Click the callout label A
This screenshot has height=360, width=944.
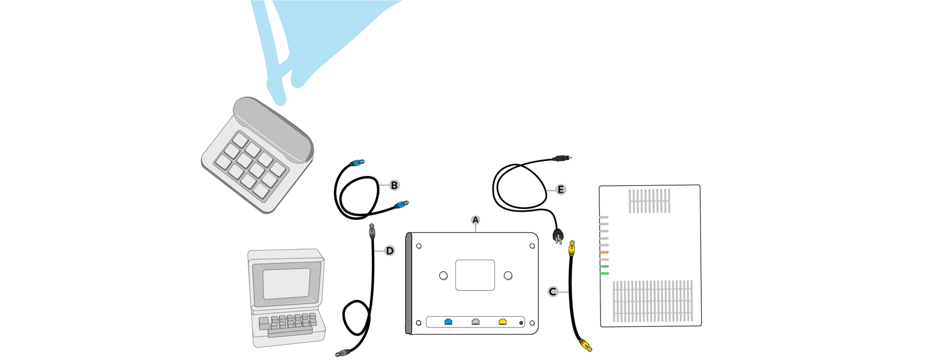475,220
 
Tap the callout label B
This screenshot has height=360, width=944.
394,185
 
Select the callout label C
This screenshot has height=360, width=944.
553,292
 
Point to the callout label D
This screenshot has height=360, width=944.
389,251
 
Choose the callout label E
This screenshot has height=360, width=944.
560,190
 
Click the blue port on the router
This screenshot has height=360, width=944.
448,322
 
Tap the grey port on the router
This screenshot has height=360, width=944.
476,322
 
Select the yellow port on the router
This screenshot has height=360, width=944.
503,322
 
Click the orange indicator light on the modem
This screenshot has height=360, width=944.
604,252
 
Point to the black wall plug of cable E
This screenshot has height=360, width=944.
558,235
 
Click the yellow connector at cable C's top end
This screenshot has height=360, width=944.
572,248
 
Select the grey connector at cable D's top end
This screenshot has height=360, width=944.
372,231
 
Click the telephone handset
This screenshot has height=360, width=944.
274,129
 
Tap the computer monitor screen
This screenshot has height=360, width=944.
287,284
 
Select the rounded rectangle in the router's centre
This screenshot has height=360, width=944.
475,275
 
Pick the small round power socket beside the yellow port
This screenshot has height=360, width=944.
521,323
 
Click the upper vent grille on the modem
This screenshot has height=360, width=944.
649,201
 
